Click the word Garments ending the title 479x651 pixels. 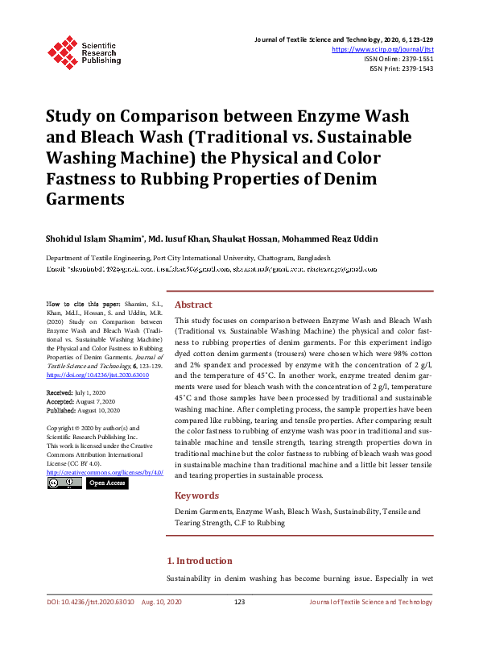85,199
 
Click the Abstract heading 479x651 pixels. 193,305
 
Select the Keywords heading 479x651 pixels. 196,496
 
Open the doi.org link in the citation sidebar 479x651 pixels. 97,352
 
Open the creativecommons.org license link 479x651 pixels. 105,471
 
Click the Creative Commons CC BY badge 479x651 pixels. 64,483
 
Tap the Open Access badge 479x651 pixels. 106,483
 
